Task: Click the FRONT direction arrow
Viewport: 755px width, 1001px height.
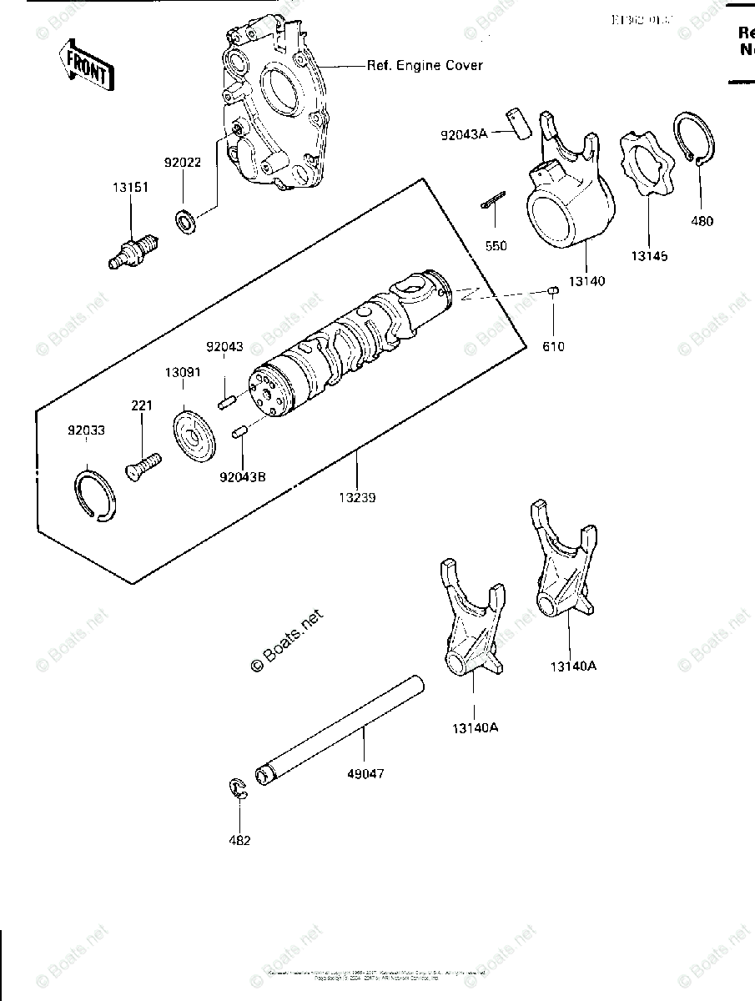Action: (x=87, y=67)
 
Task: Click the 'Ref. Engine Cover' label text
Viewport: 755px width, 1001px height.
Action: (x=425, y=65)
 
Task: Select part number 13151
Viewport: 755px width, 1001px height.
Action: (x=131, y=188)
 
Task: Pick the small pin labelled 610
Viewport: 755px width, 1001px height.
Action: (x=552, y=290)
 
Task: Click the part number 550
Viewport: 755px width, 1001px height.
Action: (x=495, y=247)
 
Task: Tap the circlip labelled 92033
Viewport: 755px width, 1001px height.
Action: (x=96, y=497)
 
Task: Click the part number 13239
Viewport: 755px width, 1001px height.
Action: (x=357, y=498)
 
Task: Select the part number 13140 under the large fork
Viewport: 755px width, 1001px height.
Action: (x=587, y=282)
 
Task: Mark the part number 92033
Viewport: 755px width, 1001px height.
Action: (x=87, y=430)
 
